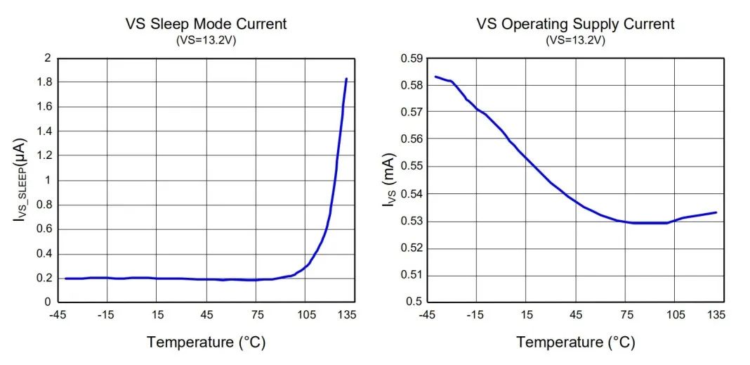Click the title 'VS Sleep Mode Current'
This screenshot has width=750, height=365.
[206, 23]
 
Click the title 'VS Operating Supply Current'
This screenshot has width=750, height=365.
[575, 23]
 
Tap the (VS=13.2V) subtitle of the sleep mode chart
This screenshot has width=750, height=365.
[205, 40]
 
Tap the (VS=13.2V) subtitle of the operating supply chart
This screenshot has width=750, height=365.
[575, 40]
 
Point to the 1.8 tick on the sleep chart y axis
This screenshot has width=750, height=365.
[43, 82]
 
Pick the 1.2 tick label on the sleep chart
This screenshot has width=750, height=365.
[43, 155]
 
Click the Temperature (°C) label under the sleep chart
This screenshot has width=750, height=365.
[206, 342]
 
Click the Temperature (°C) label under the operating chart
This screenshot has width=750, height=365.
[576, 342]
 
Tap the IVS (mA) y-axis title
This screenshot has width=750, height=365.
[388, 180]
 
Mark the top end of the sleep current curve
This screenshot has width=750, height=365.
[346, 79]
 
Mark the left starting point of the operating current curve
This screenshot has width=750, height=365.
[435, 77]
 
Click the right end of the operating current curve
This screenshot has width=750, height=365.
[716, 212]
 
